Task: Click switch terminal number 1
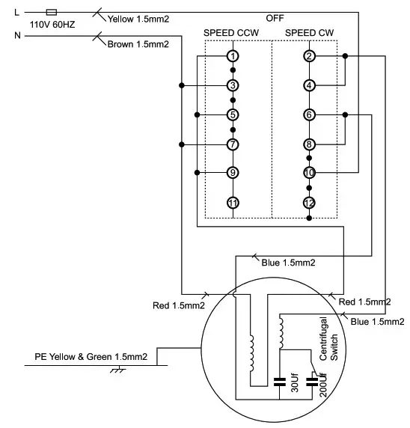point(233,56)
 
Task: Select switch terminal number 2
point(309,56)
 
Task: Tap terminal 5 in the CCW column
point(233,114)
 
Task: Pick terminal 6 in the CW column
point(309,114)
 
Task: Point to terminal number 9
point(233,173)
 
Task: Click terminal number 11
point(233,203)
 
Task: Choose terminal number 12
point(309,203)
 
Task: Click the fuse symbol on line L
point(50,12)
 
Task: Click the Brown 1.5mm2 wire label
point(138,44)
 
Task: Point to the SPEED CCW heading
point(232,33)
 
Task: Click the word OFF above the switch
point(275,17)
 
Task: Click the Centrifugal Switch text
point(329,339)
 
